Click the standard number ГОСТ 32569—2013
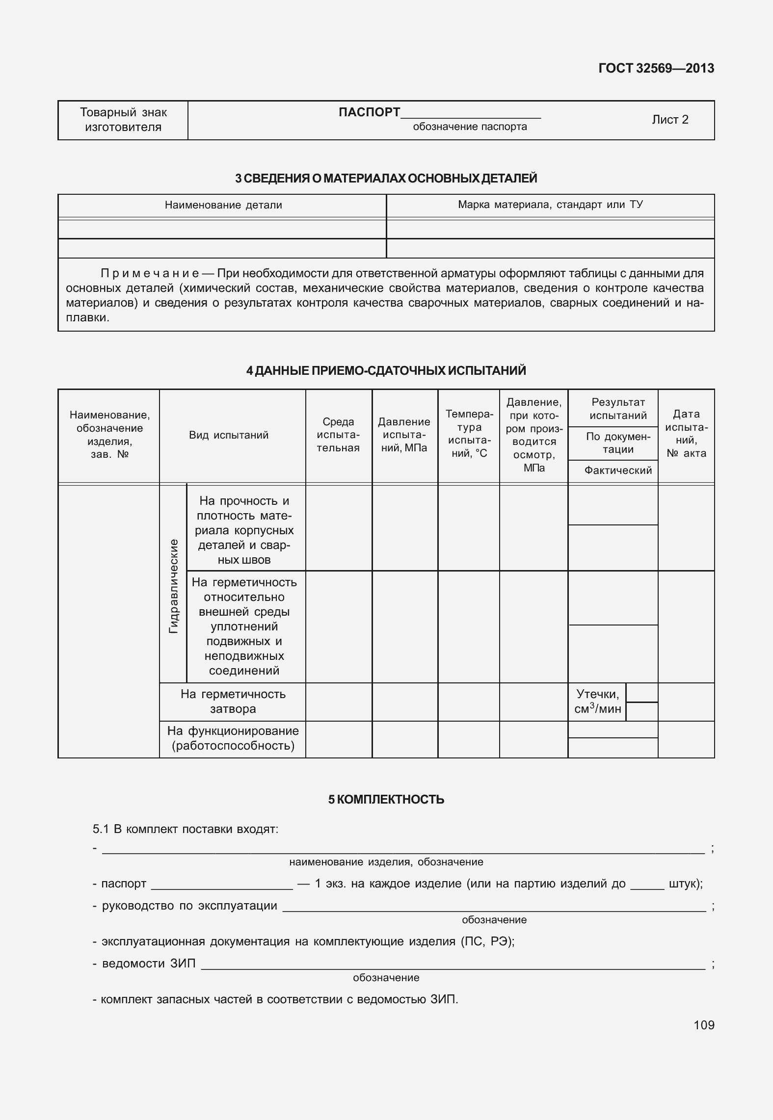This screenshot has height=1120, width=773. coord(656,68)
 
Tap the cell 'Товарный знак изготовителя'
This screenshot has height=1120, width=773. coord(123,120)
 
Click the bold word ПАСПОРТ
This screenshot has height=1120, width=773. coord(369,112)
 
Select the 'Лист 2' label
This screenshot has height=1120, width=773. coord(670,120)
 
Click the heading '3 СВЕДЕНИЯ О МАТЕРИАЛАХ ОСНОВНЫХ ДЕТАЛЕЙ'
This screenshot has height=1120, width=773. coord(386,179)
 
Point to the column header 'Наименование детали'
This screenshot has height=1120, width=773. coord(223,205)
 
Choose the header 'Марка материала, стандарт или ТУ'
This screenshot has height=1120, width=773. coord(550,205)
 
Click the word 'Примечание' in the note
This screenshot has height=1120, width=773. coord(150,273)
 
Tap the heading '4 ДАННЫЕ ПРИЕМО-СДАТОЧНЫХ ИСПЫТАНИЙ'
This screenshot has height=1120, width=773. coord(386,371)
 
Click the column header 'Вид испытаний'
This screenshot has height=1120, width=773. coord(229,435)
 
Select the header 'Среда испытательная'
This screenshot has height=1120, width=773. coord(338,435)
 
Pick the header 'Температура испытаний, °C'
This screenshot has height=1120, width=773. coord(469,434)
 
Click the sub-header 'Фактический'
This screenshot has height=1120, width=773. coord(617,470)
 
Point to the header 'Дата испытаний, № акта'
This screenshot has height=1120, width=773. coord(686,434)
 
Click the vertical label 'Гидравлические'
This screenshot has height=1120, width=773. coord(173,586)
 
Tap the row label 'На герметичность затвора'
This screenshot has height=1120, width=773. coord(233,702)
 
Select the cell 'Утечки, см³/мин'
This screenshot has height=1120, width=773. coord(597,702)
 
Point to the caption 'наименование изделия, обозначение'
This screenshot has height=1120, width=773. coord(386,862)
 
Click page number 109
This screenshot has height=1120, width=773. coord(704,1025)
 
